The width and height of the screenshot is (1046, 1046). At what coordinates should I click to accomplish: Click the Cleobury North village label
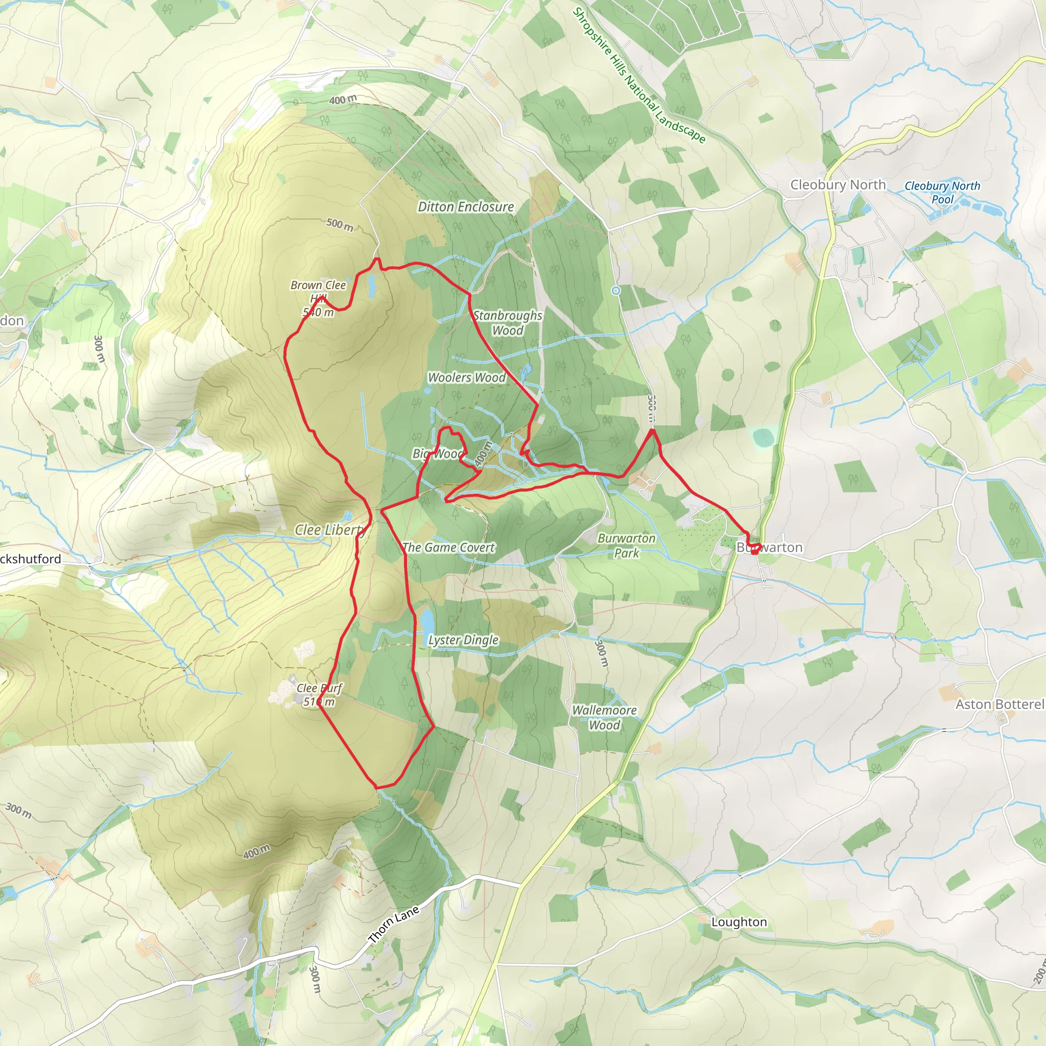click(838, 184)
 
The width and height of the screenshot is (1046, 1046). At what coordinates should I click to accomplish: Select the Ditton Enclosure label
click(466, 207)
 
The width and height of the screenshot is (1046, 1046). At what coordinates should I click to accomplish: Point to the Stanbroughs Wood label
click(507, 323)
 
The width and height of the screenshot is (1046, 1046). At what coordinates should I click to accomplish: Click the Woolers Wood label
click(467, 377)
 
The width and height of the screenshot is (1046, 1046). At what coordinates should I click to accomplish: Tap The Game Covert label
click(448, 548)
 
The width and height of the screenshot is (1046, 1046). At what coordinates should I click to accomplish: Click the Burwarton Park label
click(626, 545)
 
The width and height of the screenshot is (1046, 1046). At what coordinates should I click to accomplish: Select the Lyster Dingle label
click(463, 640)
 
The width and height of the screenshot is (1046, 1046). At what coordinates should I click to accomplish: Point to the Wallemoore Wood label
click(604, 718)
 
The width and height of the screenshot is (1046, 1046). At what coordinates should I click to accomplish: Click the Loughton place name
click(739, 922)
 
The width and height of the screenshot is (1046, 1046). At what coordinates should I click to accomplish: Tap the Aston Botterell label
click(1000, 704)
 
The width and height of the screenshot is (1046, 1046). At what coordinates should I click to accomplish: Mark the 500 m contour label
click(340, 224)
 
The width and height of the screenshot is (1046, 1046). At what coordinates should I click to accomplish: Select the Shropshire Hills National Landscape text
click(639, 76)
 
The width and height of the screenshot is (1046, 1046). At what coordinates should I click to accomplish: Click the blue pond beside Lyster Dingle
click(427, 621)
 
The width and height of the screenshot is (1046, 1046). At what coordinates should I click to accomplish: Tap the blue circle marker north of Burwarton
click(615, 291)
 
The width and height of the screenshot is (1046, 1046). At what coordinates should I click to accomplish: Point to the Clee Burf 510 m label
click(319, 695)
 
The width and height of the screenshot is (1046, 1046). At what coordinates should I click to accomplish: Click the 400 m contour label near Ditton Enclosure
click(343, 100)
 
